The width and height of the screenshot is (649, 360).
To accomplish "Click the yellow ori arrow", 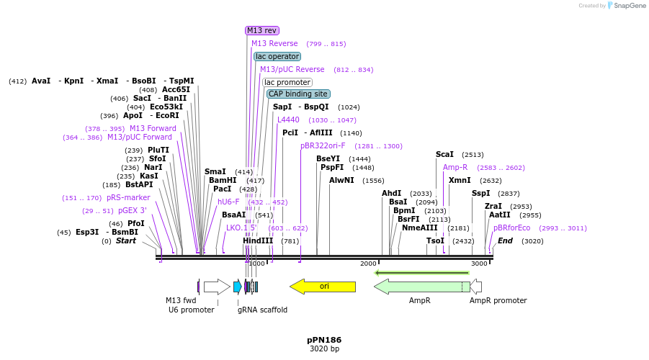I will click(323, 287).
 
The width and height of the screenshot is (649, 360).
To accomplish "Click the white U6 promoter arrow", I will click(216, 287).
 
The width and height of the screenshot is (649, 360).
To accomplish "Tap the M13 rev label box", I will click(261, 30).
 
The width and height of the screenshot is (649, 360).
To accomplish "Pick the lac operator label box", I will click(277, 56).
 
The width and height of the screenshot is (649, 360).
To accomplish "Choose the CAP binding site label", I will click(298, 94).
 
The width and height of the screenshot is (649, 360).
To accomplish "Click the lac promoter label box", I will click(287, 82).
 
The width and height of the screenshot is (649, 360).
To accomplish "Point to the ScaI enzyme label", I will click(444, 154).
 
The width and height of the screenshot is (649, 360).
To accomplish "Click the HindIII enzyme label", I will click(258, 240).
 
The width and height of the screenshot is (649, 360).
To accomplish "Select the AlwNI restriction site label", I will click(341, 180).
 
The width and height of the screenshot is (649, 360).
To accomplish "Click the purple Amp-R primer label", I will click(455, 167).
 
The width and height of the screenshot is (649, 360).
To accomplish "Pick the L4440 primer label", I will click(288, 120).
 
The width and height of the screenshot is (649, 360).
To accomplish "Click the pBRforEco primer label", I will click(511, 228).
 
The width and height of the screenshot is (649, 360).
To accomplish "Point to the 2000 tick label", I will click(368, 264).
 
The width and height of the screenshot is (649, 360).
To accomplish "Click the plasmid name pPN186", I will click(324, 340).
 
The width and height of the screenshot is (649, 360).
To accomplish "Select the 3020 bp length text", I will click(324, 349).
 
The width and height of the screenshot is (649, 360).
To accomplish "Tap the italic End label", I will click(505, 240).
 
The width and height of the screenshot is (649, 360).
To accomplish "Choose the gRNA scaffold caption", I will click(262, 310).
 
